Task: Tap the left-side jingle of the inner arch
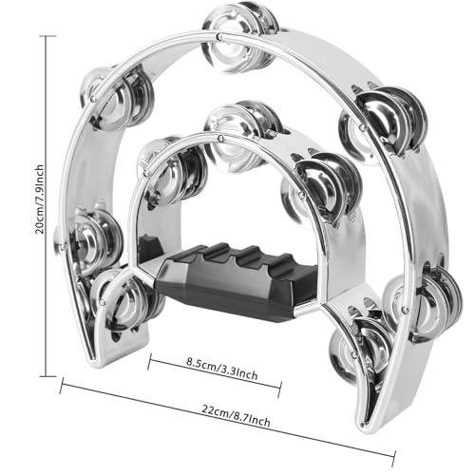[x=171, y=171]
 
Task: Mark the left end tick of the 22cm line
[x=63, y=385]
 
